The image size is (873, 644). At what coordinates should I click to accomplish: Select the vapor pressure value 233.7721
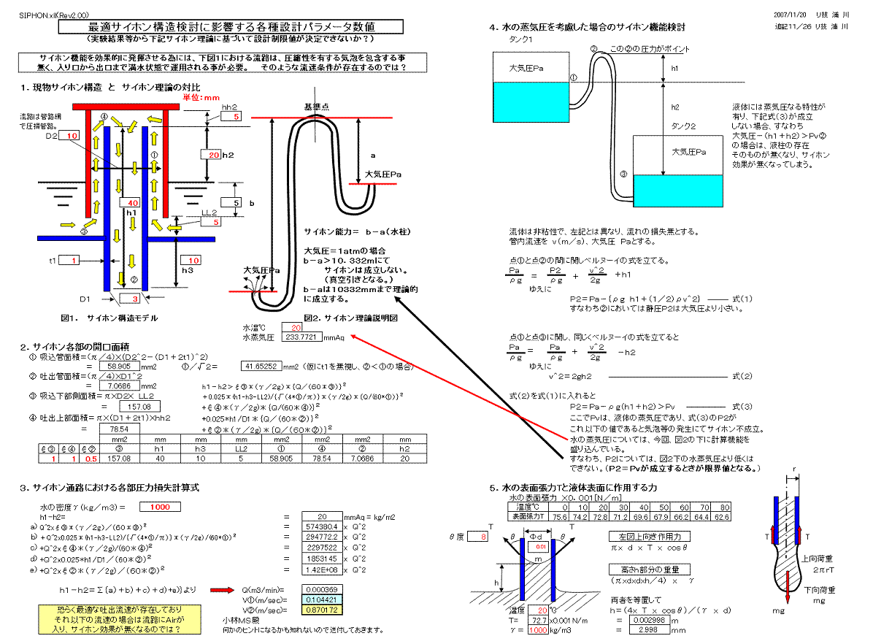coord(302,337)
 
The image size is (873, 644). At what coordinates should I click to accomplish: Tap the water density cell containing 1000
coord(160,507)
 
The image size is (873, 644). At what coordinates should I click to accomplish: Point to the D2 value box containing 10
coord(72,137)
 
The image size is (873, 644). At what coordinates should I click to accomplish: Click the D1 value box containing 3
coord(134,299)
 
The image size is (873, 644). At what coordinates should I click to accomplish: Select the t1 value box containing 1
coord(74,260)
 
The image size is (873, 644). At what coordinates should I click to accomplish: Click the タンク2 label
coord(684,126)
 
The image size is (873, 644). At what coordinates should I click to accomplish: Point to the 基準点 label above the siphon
coord(316,107)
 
